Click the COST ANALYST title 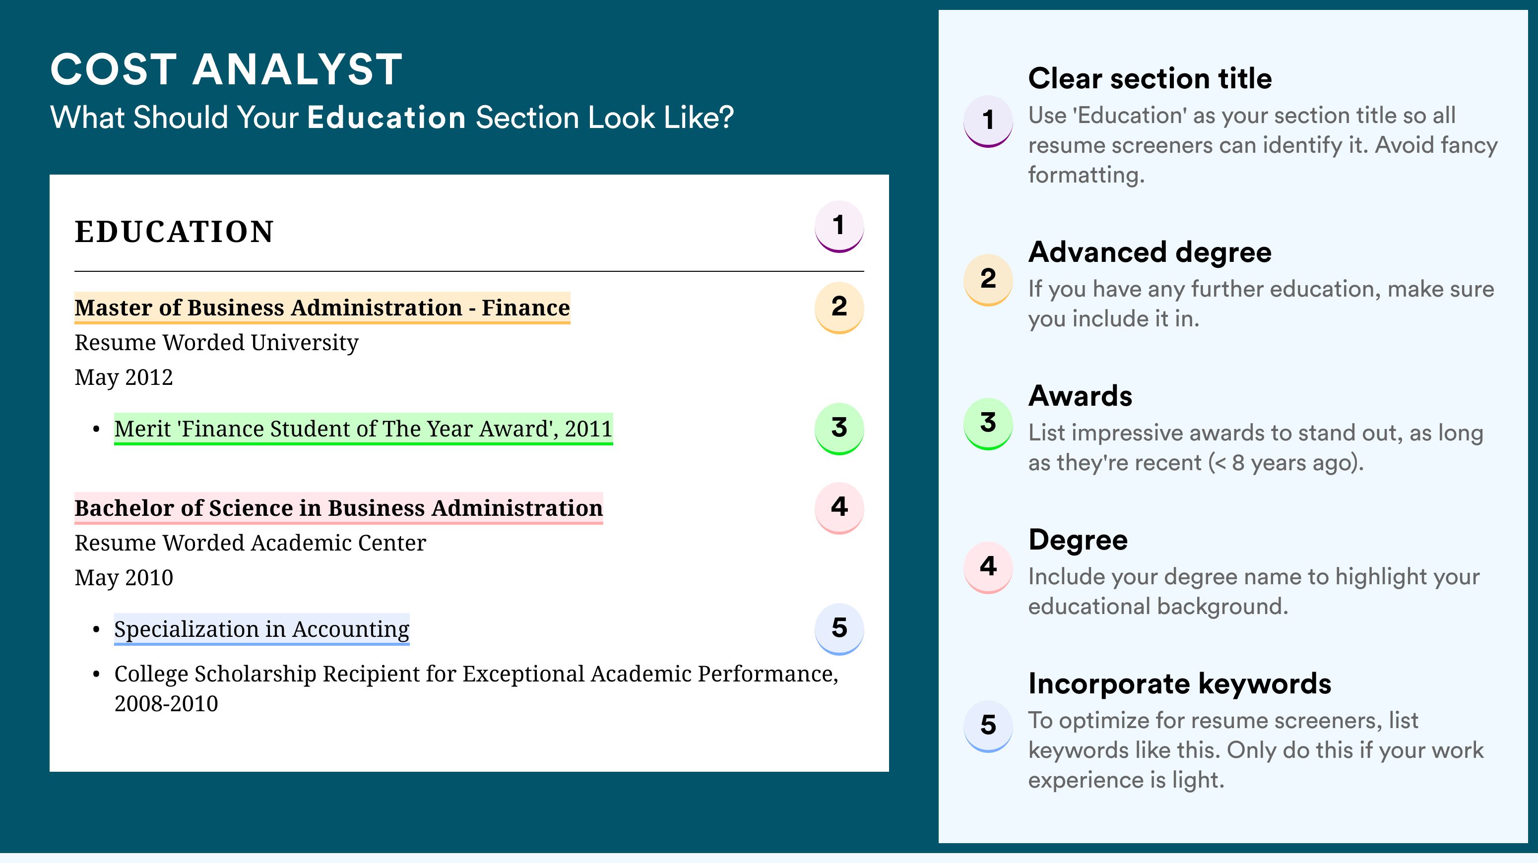pyautogui.click(x=226, y=69)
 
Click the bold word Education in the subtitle pyautogui.click(x=386, y=117)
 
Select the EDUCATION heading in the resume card pyautogui.click(x=174, y=232)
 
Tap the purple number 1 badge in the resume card pyautogui.click(x=839, y=226)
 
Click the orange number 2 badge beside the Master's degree pyautogui.click(x=839, y=307)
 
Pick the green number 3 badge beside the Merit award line pyautogui.click(x=839, y=429)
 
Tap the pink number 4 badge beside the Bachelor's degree pyautogui.click(x=839, y=508)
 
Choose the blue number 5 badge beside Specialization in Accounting pyautogui.click(x=839, y=628)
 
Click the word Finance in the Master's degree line pyautogui.click(x=525, y=308)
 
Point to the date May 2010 pyautogui.click(x=124, y=578)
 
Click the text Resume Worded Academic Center pyautogui.click(x=250, y=543)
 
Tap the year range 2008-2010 pyautogui.click(x=166, y=704)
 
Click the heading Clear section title pyautogui.click(x=1150, y=78)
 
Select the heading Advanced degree pyautogui.click(x=1150, y=252)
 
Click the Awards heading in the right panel pyautogui.click(x=1080, y=396)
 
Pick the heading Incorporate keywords pyautogui.click(x=1180, y=684)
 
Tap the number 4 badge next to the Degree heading pyautogui.click(x=988, y=567)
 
